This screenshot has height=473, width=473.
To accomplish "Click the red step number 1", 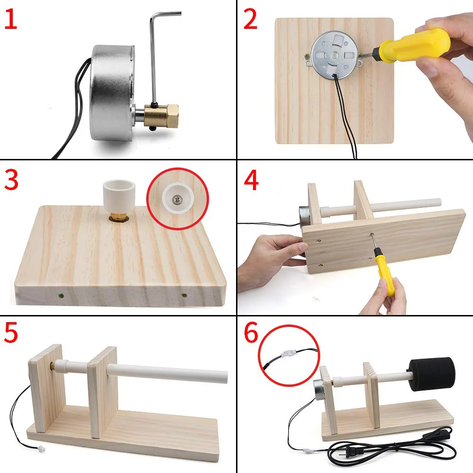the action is pos(11,19).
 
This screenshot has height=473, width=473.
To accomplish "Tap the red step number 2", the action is pos(250,19).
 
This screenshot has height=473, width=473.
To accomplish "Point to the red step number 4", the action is pos(251,180).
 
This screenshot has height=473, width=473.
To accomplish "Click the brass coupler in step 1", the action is pos(161,115).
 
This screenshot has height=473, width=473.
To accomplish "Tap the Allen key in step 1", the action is pos(160,54).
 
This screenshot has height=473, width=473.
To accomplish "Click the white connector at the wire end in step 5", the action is pos(41,449).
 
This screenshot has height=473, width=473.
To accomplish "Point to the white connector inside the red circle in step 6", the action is pos(289,353).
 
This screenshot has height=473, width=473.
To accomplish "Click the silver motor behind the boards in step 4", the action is pos(304,216).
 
